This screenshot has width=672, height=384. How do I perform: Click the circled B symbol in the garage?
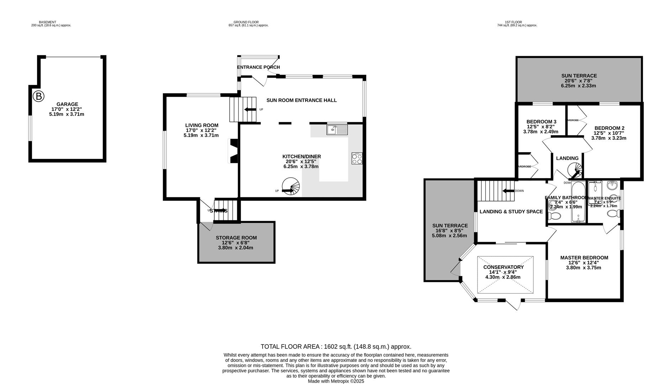(38, 96)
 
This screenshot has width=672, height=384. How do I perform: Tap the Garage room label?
(67, 104)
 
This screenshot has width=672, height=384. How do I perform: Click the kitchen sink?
(337, 130)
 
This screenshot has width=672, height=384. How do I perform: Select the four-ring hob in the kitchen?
(357, 158)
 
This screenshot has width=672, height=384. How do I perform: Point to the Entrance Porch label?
(258, 67)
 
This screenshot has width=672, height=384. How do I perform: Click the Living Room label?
(202, 125)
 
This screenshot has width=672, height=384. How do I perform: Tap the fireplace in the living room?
(233, 151)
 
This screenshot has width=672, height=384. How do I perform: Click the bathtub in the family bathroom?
(578, 202)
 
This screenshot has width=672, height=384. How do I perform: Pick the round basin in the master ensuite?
(612, 185)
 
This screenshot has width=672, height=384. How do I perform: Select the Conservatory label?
(503, 267)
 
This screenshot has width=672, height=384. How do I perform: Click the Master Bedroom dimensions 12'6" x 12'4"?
(584, 263)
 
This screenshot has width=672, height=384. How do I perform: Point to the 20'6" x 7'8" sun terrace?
(579, 81)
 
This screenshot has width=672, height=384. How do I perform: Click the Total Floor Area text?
(336, 347)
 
